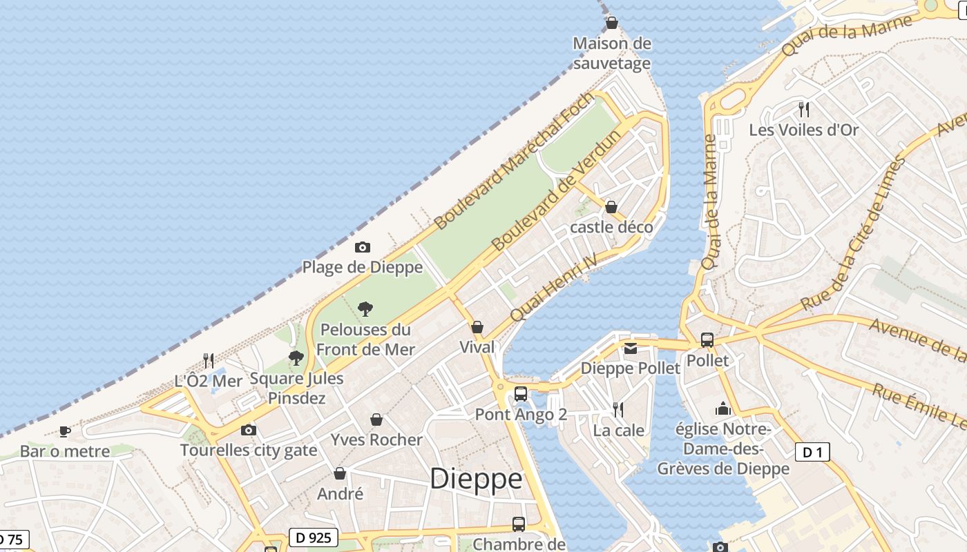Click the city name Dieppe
pyautogui.click(x=476, y=479)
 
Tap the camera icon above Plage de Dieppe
pyautogui.click(x=363, y=247)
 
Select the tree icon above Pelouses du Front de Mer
pyautogui.click(x=365, y=308)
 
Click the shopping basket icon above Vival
pyautogui.click(x=477, y=326)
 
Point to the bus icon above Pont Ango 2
pyautogui.click(x=521, y=394)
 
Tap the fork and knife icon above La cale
pyautogui.click(x=618, y=410)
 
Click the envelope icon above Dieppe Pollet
pyautogui.click(x=631, y=348)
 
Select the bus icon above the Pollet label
pyautogui.click(x=707, y=339)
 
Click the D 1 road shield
pyautogui.click(x=812, y=453)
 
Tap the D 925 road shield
pyautogui.click(x=313, y=538)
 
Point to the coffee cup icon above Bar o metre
pyautogui.click(x=64, y=431)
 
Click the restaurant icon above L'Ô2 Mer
pyautogui.click(x=209, y=360)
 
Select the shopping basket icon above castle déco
pyautogui.click(x=611, y=207)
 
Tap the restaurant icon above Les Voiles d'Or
pyautogui.click(x=803, y=109)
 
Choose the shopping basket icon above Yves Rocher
pyautogui.click(x=376, y=420)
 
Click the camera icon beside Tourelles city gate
pyautogui.click(x=249, y=431)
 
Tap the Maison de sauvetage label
pyautogui.click(x=612, y=54)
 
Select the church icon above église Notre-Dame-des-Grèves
pyautogui.click(x=723, y=408)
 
